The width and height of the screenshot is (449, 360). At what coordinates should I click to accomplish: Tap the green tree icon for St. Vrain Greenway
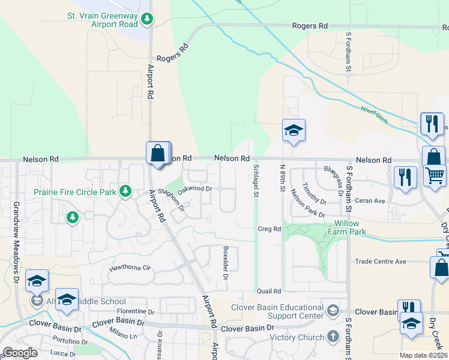pyautogui.click(x=146, y=20)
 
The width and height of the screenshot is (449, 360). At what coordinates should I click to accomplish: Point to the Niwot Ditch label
pyautogui.click(x=373, y=112)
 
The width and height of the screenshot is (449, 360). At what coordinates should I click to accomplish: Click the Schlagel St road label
pyautogui.click(x=256, y=180)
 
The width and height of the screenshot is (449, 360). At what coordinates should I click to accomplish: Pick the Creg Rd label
pyautogui.click(x=269, y=229)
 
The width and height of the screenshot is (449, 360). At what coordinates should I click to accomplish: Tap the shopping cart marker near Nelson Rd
pyautogui.click(x=435, y=176)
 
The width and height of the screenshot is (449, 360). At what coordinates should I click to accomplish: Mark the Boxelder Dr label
pyautogui.click(x=226, y=263)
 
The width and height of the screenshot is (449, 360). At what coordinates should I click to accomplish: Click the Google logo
pyautogui.click(x=20, y=353)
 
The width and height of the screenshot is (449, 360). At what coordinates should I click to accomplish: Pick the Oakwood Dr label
pyautogui.click(x=196, y=188)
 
